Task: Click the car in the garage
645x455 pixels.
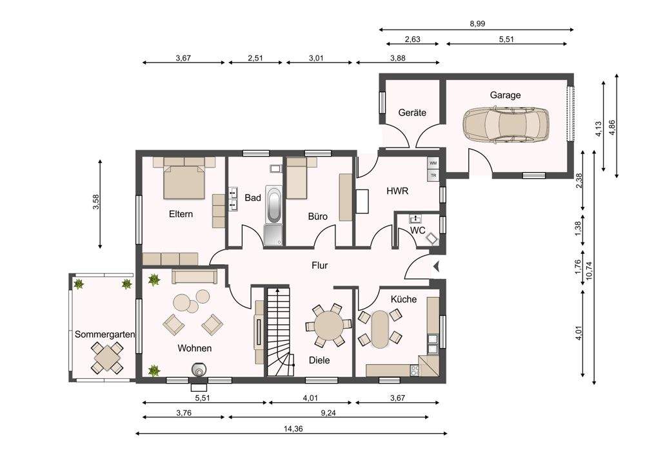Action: (x=506, y=124)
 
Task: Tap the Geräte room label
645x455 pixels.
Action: (x=412, y=113)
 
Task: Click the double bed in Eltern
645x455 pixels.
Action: (x=184, y=182)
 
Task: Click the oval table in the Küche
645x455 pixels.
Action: (x=380, y=329)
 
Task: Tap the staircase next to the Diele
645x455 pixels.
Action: (x=281, y=332)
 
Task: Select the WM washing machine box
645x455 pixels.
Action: (x=433, y=163)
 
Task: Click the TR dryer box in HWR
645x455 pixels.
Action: (x=433, y=175)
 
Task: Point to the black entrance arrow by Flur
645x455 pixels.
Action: (x=437, y=267)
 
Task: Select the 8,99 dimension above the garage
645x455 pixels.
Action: (x=477, y=24)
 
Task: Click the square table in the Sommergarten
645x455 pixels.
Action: (x=107, y=358)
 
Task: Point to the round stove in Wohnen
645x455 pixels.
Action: (x=199, y=369)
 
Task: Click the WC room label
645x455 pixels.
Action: (x=417, y=231)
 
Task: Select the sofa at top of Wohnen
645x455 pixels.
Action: (x=195, y=276)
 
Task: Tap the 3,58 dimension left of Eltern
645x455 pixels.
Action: (x=96, y=202)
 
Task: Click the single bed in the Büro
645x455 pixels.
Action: (x=297, y=179)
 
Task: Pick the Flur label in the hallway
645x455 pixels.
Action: (x=319, y=266)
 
